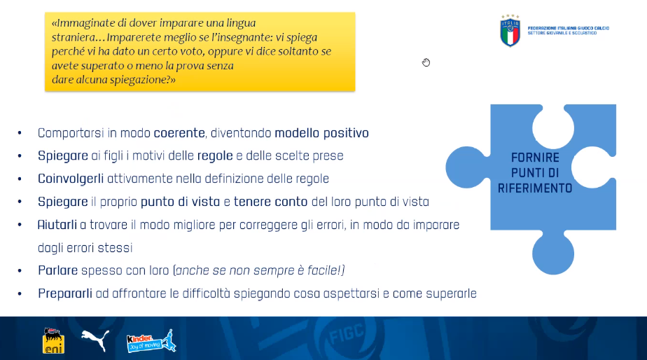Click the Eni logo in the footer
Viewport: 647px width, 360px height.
54,340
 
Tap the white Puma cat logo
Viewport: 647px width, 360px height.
95,340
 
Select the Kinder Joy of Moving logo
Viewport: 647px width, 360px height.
151,341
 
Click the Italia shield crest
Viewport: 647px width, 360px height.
510,31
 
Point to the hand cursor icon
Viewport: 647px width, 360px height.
426,62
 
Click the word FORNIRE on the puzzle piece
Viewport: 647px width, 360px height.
535,158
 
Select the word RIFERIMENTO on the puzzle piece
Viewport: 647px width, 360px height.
535,188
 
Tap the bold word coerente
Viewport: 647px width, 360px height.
179,133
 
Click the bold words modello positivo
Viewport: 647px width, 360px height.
321,133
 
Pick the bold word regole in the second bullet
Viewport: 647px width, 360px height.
215,156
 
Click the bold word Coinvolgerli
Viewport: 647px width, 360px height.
71,179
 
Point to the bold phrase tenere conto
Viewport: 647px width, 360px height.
271,202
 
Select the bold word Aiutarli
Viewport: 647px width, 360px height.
57,225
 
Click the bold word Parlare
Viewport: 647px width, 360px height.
57,270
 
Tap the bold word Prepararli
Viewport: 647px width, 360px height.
65,293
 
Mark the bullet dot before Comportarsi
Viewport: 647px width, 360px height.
20,133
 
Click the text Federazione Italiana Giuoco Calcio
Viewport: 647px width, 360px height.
568,28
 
